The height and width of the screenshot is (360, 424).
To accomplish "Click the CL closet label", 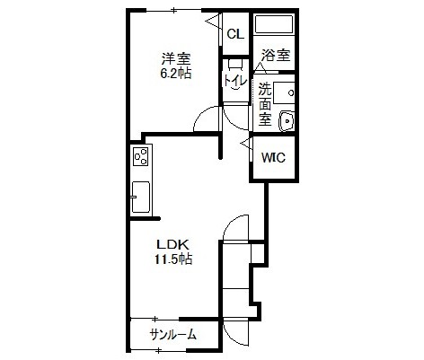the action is [235, 34].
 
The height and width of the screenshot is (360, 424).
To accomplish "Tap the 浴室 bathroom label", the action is [276, 55].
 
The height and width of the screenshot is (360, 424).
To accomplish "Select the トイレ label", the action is [235, 80].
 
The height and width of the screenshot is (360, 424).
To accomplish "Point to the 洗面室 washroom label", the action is [265, 104].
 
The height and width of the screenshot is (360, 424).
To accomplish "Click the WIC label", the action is [274, 157].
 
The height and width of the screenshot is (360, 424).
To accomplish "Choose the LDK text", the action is [173, 245].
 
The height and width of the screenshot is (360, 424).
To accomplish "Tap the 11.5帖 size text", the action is [173, 259].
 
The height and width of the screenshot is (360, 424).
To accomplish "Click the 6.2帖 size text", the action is [176, 73].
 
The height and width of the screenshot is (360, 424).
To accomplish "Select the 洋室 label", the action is [176, 59].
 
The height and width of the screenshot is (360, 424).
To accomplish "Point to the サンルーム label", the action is [173, 334].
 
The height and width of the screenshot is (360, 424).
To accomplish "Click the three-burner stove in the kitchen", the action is [141, 157].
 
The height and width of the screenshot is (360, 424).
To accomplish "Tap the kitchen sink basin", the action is [141, 197].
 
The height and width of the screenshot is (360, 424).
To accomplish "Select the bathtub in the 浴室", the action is [274, 23].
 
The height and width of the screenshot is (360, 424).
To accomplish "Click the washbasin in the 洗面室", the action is [287, 121].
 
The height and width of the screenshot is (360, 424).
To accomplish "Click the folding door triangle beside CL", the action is [213, 22].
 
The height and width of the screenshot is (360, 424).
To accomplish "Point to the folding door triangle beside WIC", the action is [247, 144].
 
